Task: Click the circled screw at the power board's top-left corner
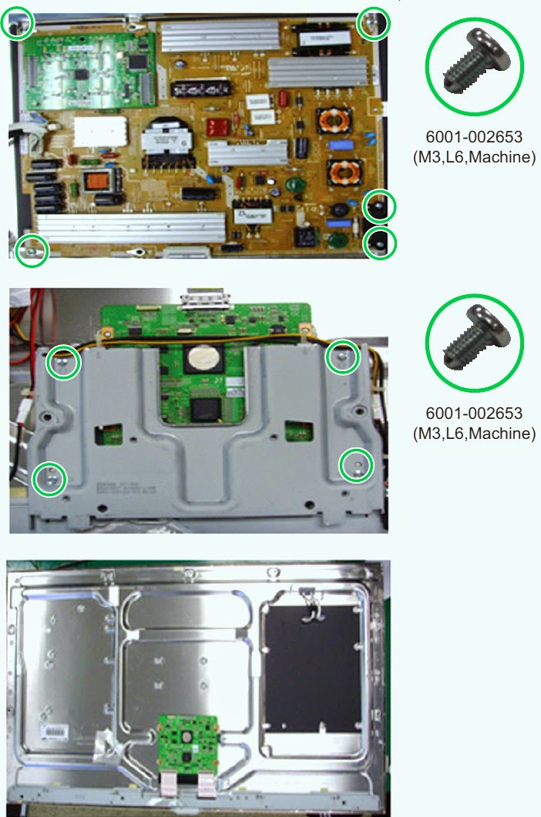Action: [x=17, y=23]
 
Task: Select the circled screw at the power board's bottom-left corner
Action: [x=32, y=251]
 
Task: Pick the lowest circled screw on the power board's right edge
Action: [x=380, y=243]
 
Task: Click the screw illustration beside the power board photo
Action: [x=474, y=66]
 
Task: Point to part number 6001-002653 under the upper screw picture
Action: [x=474, y=136]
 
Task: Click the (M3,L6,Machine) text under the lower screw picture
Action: [x=474, y=433]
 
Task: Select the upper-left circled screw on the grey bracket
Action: [x=63, y=362]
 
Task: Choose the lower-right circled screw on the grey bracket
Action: [x=356, y=465]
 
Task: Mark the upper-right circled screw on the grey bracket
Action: [x=343, y=357]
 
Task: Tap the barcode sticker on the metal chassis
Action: [x=54, y=732]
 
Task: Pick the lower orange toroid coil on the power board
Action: [x=344, y=172]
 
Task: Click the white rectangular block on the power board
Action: [x=100, y=132]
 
